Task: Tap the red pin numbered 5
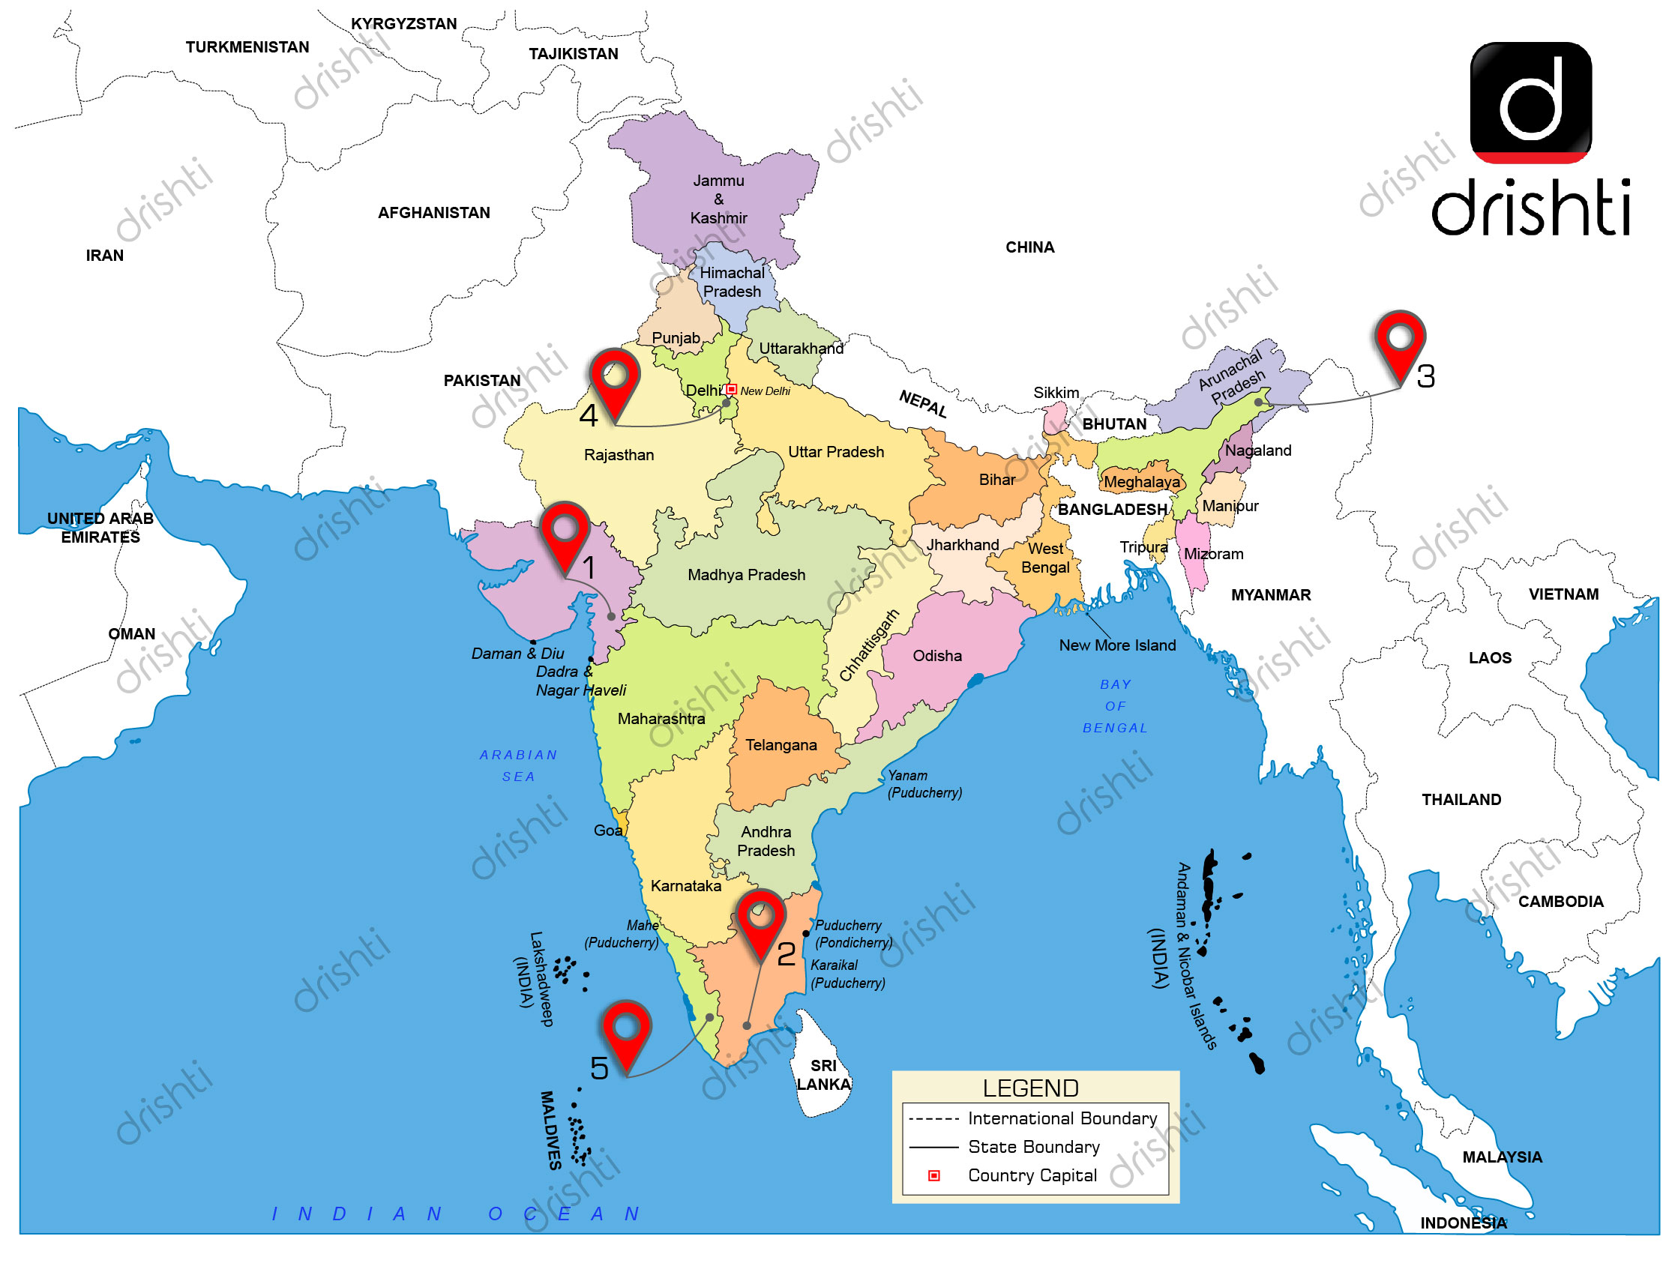[x=627, y=1029]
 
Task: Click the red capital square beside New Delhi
[x=731, y=390]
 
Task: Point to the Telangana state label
[x=781, y=745]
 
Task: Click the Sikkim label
[x=1056, y=393]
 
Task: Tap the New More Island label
[x=1117, y=645]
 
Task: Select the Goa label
[x=608, y=831]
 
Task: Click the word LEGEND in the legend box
[x=1030, y=1088]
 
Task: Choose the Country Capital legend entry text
[x=1032, y=1175]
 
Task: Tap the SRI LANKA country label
[x=823, y=1075]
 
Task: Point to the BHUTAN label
[x=1114, y=424]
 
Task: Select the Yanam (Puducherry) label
[x=924, y=784]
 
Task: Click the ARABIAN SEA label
[x=519, y=765]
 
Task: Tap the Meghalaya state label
[x=1141, y=482]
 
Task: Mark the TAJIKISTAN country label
[x=573, y=54]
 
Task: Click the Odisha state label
[x=937, y=656]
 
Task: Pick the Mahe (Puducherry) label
[x=622, y=934]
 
